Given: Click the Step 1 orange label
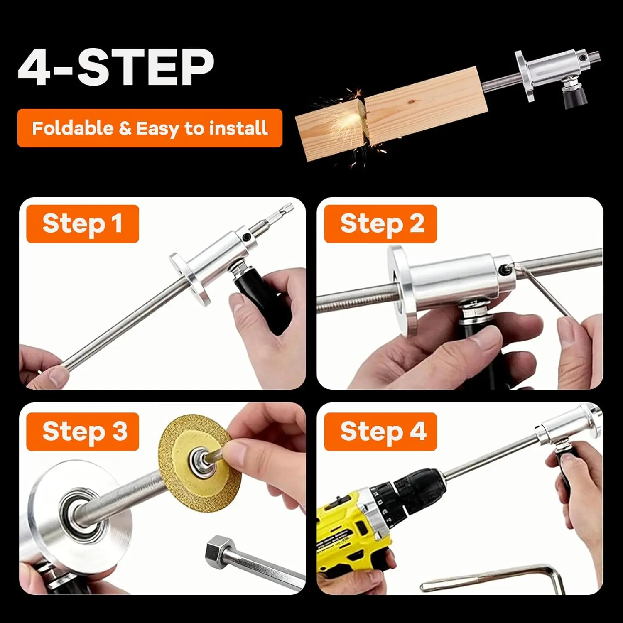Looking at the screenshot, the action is pos(82,224).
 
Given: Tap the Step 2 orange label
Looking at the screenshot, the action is pos(380,224).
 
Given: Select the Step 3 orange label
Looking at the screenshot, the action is pos(82,432).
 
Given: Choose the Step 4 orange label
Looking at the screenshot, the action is pos(380,432).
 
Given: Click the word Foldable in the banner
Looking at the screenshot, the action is pos(72,128).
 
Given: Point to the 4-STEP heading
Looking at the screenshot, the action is pos(116,67).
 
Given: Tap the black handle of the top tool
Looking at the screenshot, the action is pos(573,98).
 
